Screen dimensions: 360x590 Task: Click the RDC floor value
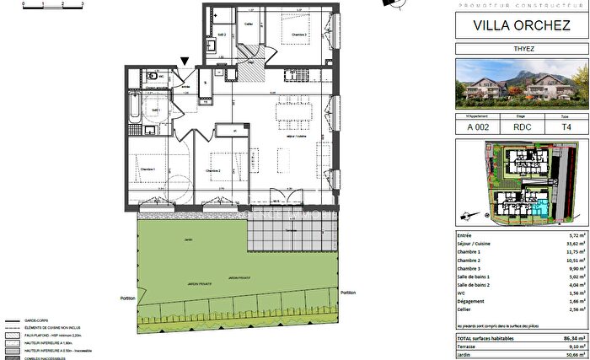pos(521,127)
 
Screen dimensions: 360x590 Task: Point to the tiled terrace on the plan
pos(292,230)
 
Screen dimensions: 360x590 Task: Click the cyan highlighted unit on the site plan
pos(539,207)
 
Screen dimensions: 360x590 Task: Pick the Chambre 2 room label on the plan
pos(212,170)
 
